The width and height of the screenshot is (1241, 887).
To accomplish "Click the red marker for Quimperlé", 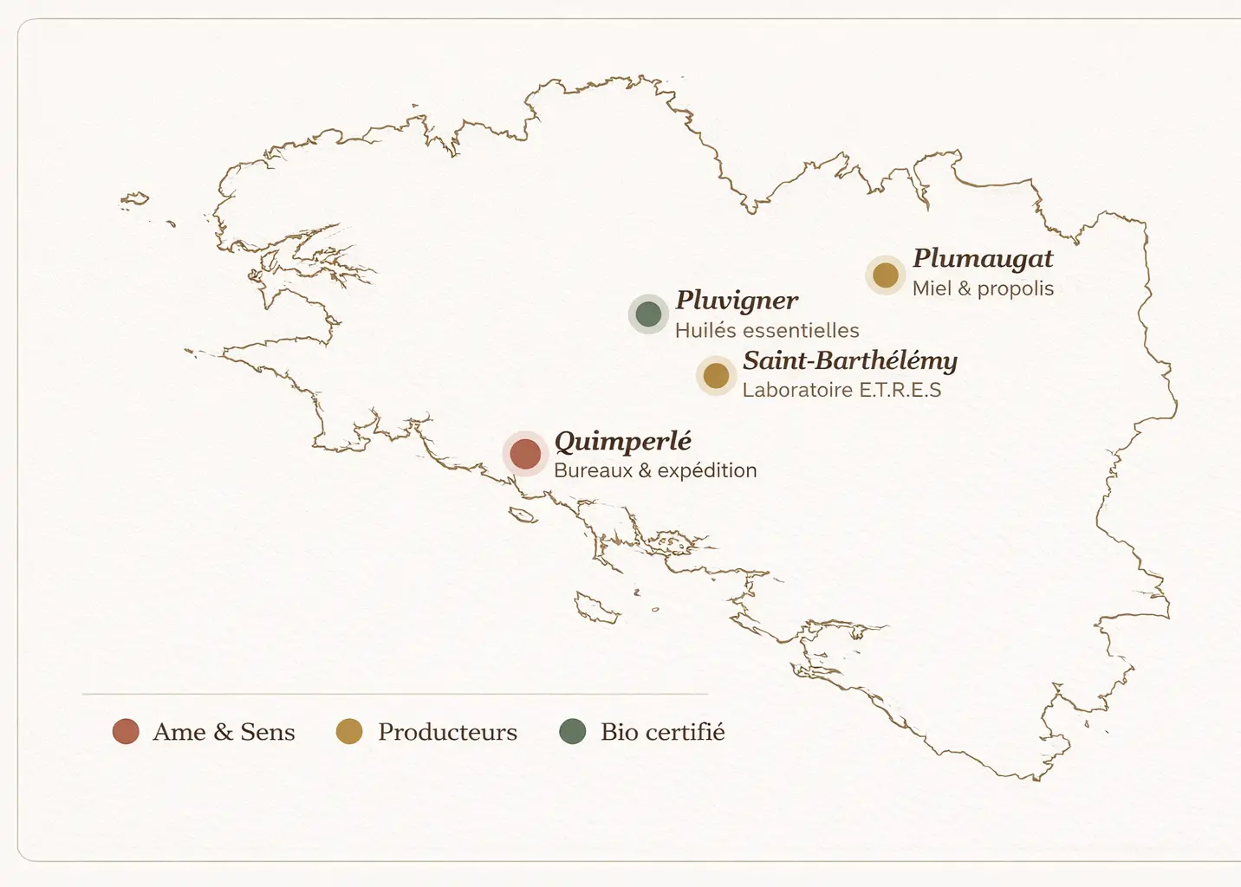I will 525,454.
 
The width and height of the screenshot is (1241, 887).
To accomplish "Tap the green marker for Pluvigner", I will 648,314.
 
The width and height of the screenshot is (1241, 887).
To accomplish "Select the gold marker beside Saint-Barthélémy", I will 716,376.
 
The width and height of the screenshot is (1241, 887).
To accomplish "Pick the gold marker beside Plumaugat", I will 885,275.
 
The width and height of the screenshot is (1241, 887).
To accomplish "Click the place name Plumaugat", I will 983,258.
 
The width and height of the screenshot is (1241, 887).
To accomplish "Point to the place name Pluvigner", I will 737,301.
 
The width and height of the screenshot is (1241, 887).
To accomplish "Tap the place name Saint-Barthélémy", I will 849,360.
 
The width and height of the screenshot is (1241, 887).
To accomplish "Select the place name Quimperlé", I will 622,441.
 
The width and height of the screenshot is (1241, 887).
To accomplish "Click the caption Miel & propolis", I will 983,288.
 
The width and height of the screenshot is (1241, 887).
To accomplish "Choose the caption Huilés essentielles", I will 767,330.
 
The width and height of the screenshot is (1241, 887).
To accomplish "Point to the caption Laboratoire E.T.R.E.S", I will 841,390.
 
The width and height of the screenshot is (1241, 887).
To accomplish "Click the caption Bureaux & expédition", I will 655,470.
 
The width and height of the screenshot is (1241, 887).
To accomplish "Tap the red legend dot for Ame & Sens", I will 126,732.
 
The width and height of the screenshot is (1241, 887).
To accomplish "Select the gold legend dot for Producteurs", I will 349,732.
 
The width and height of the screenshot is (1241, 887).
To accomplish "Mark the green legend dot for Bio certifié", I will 573,732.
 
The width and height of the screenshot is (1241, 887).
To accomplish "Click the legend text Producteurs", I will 447,732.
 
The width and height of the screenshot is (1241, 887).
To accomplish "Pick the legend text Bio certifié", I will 662,732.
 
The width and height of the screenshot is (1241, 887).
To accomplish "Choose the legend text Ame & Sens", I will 224,732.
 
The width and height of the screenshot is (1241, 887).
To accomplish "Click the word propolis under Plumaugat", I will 1016,289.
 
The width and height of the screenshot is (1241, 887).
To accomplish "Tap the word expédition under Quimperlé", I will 707,471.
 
